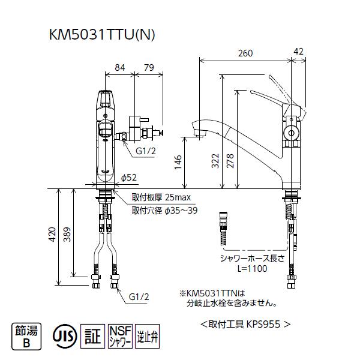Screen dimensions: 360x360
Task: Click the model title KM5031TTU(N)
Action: pyautogui.click(x=102, y=35)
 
